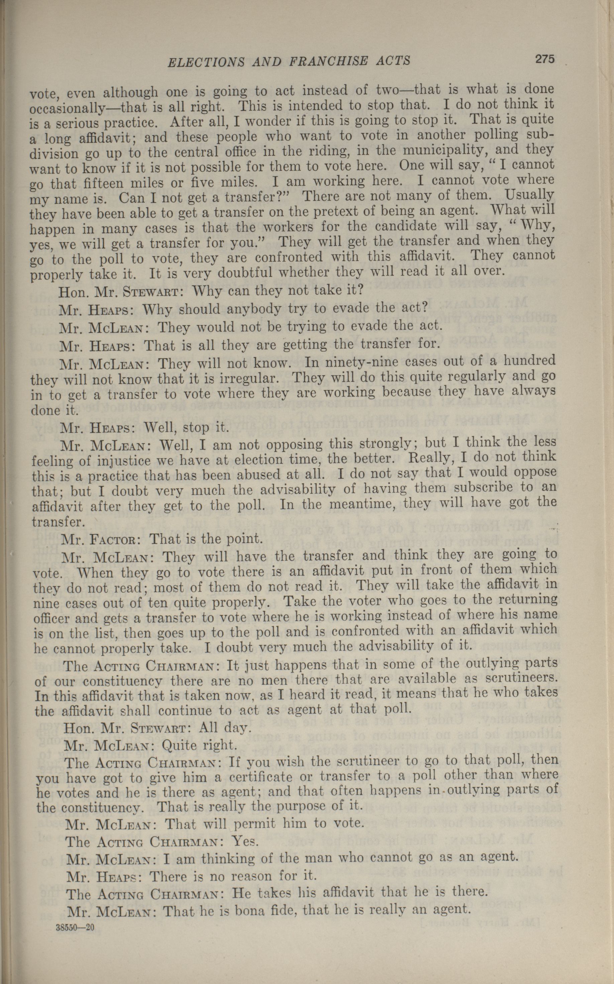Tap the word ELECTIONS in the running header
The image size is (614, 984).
coord(206,62)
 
